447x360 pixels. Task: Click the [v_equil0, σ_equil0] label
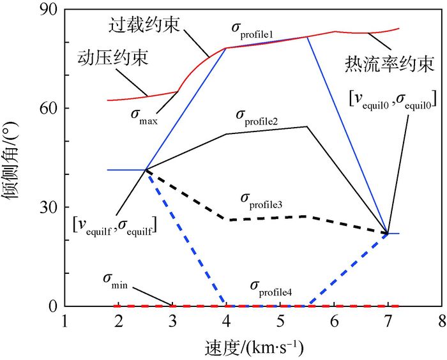(x=392, y=98)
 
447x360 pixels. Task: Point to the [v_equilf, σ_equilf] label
(x=116, y=224)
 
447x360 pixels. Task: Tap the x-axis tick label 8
(x=441, y=319)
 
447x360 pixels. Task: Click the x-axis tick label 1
(x=64, y=319)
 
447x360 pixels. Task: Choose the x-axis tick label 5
(x=279, y=319)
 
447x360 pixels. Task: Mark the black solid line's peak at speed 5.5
(x=307, y=126)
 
